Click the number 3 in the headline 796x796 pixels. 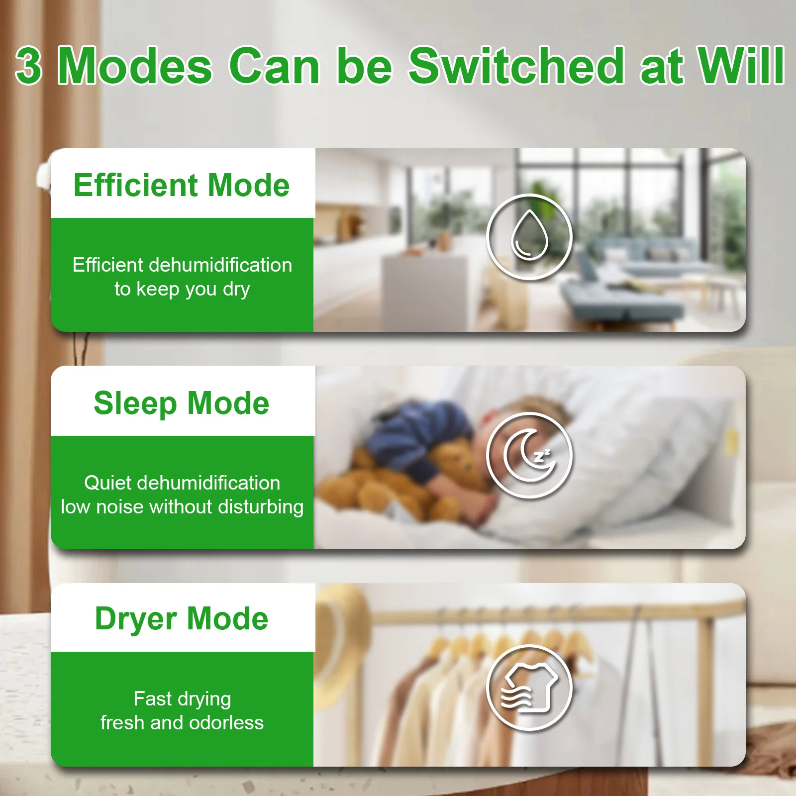28,66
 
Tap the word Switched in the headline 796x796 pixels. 516,65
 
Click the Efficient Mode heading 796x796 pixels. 182,185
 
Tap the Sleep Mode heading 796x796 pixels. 182,403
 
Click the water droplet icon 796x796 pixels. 529,237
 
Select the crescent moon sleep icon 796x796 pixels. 529,455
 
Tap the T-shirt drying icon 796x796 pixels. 529,688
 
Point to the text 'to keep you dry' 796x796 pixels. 182,290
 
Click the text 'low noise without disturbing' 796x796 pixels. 182,506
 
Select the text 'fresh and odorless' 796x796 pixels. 182,722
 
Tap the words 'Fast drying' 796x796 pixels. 182,699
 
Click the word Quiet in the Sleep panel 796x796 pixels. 109,483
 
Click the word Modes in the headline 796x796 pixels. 135,66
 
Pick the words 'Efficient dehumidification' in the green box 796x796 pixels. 182,265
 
